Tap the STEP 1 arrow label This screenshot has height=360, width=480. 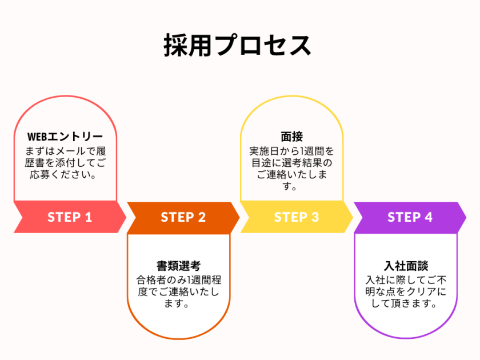(70, 217)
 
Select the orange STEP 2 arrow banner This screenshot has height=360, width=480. (183, 217)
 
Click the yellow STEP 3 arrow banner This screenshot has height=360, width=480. (296, 217)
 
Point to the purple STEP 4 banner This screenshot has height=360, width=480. (410, 217)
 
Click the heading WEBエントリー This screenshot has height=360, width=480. (65, 137)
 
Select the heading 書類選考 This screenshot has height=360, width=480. (178, 266)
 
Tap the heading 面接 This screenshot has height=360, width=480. (291, 137)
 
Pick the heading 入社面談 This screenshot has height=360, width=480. (406, 266)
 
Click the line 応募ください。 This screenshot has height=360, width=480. (65, 175)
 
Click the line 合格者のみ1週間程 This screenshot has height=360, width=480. (178, 279)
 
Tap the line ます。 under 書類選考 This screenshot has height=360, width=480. (178, 304)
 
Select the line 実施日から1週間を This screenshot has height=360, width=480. (291, 151)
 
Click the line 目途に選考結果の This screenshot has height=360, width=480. (291, 163)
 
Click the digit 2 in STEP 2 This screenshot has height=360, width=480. (202, 217)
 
